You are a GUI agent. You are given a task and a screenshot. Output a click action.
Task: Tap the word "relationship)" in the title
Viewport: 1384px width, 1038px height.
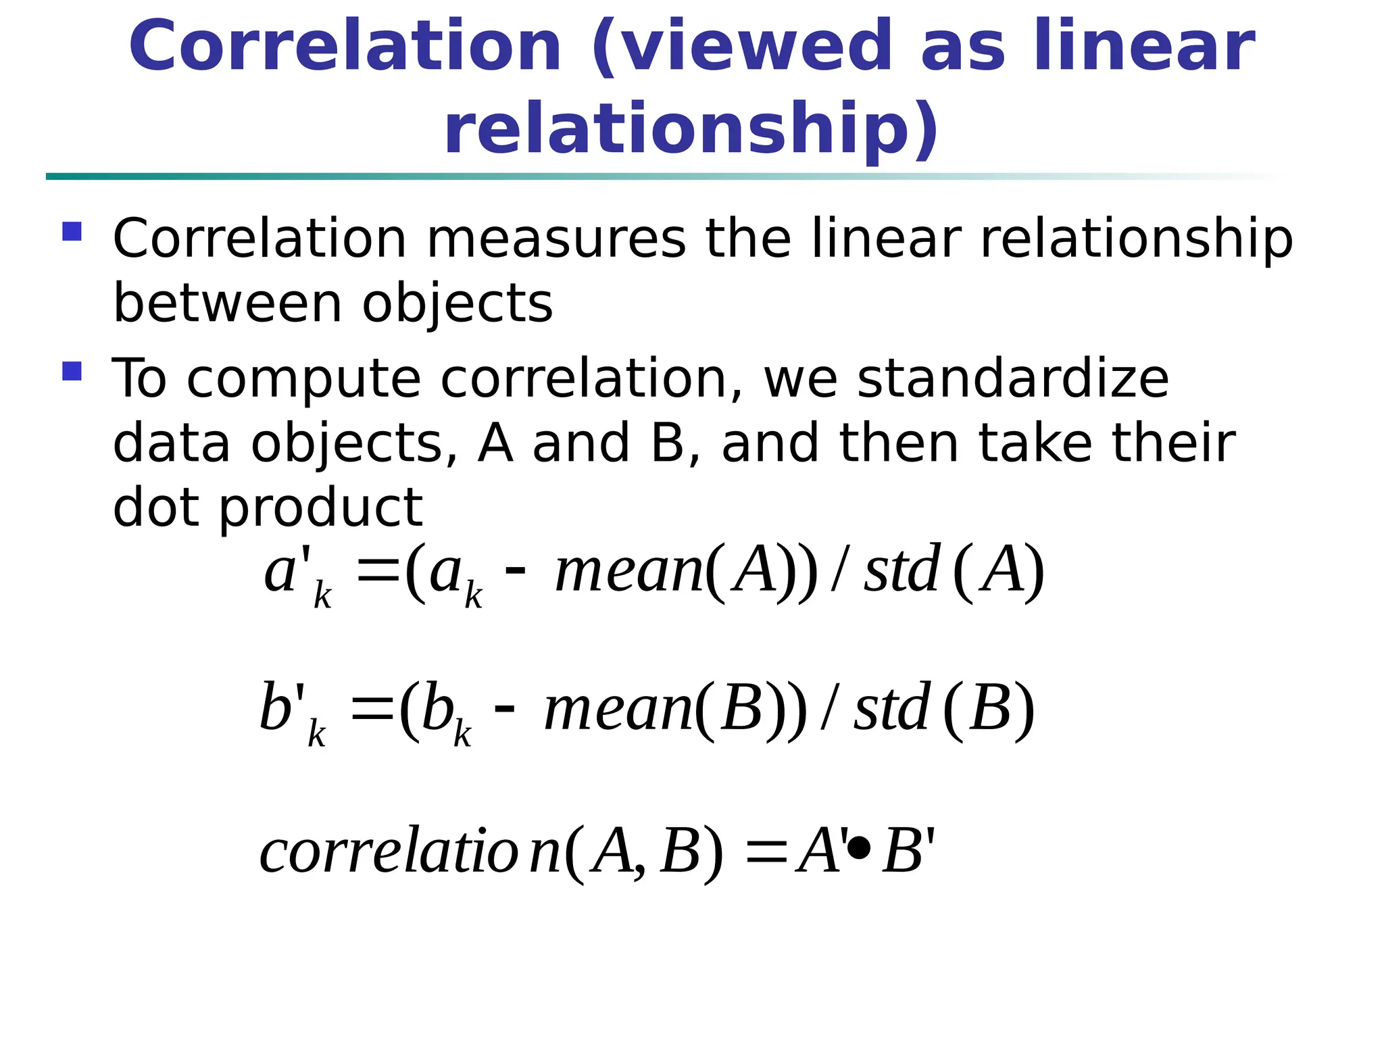[691, 128]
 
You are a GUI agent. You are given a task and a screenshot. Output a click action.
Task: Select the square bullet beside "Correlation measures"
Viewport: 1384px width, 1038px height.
[72, 232]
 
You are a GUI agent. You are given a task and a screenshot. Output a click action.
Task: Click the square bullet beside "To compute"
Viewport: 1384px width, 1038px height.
[72, 371]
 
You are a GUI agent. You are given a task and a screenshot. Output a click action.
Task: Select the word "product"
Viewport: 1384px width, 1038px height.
[321, 508]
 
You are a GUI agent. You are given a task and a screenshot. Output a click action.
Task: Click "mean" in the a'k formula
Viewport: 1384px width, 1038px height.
[628, 571]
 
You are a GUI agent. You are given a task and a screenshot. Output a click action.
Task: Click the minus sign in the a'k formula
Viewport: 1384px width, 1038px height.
[515, 570]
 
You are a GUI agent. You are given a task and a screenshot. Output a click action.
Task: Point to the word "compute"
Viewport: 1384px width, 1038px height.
[303, 380]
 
